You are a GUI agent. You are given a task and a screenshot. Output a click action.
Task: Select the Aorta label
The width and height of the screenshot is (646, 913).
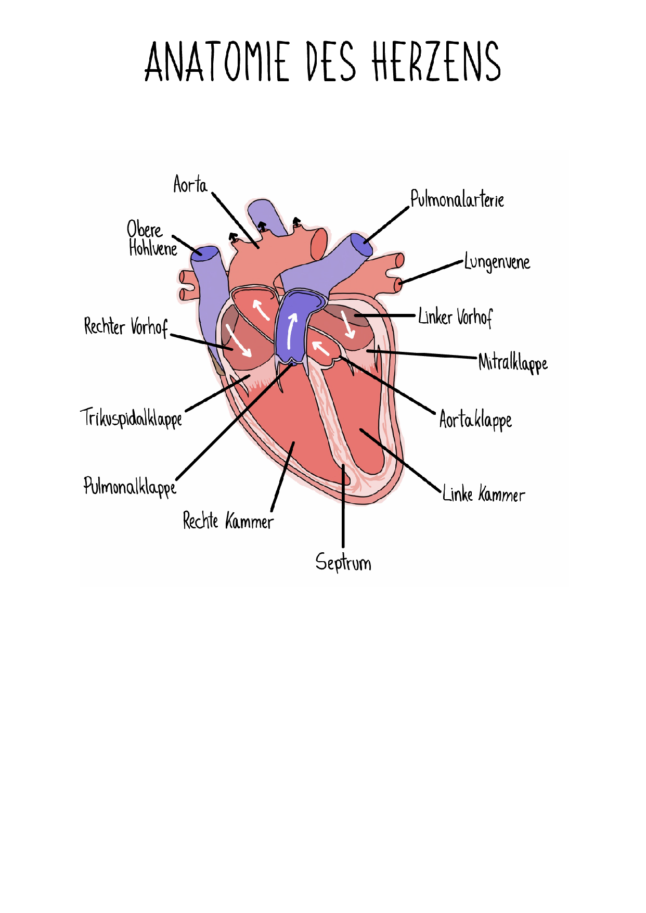tap(190, 184)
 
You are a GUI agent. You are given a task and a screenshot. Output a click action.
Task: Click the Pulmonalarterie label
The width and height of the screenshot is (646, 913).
tap(457, 199)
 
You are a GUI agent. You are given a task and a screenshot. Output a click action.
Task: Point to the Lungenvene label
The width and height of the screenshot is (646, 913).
tap(497, 262)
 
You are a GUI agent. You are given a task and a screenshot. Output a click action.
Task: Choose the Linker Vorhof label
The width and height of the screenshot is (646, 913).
tap(455, 317)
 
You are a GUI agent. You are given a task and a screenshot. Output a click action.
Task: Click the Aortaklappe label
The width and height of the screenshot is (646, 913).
tap(475, 420)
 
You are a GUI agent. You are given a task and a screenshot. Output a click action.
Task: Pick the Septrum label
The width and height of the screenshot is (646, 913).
tap(343, 563)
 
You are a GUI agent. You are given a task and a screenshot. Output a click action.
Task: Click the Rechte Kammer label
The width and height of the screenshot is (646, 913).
tap(228, 521)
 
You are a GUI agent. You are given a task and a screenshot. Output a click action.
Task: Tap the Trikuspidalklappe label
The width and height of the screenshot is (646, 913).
tap(131, 418)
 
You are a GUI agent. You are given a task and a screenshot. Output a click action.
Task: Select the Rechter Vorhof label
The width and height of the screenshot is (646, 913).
tap(126, 326)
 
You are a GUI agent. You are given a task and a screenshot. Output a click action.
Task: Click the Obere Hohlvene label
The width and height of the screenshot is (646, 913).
tap(152, 239)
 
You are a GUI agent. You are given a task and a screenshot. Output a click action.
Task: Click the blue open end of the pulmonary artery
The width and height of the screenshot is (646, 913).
tap(361, 245)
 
